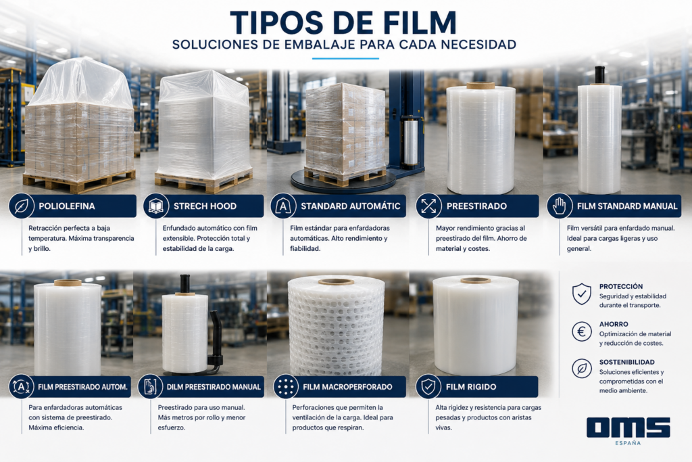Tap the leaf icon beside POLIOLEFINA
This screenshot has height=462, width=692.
[x=21, y=206]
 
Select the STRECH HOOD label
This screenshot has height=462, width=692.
[x=205, y=206]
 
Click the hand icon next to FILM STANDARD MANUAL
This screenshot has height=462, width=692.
[x=559, y=206]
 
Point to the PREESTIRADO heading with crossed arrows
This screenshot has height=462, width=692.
[x=476, y=206]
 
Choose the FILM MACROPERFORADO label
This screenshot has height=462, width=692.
[x=347, y=387]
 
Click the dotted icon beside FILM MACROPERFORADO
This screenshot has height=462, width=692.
[x=286, y=387]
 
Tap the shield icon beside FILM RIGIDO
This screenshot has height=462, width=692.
[x=428, y=387]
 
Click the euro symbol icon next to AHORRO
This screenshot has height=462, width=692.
[x=582, y=331]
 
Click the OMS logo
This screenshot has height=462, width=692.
[x=628, y=427]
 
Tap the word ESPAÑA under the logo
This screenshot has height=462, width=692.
[x=628, y=443]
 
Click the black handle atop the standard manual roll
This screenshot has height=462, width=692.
[x=599, y=74]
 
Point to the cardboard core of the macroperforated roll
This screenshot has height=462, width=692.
[x=336, y=282]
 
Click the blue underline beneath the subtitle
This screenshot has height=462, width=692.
[x=345, y=58]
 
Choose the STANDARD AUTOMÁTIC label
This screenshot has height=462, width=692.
[x=351, y=206]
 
